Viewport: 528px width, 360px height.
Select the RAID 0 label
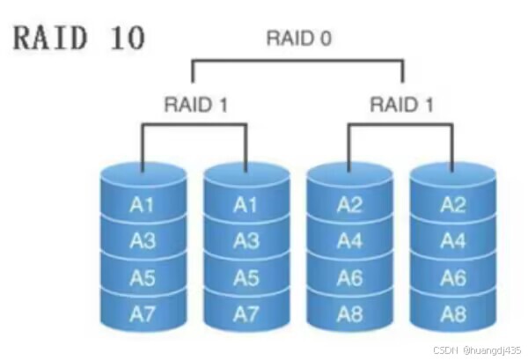point(298,39)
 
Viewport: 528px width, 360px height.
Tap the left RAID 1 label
point(195,105)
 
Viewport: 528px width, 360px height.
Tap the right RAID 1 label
point(401,105)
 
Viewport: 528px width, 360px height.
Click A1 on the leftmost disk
point(143,205)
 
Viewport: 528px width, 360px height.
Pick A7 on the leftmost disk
point(143,312)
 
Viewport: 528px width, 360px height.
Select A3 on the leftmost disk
point(143,240)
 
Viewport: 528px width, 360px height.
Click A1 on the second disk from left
point(246,205)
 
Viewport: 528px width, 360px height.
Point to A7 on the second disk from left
point(246,312)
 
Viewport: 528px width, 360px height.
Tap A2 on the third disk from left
point(349,205)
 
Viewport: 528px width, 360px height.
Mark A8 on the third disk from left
point(349,312)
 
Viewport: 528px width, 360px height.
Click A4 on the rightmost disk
point(452,240)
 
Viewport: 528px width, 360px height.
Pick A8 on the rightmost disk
point(452,312)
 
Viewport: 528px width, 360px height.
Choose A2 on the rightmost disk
point(452,205)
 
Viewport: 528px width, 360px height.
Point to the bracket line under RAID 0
point(298,61)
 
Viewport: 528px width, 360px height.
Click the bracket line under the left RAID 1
point(194,125)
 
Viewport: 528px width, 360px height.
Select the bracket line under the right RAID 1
point(400,125)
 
